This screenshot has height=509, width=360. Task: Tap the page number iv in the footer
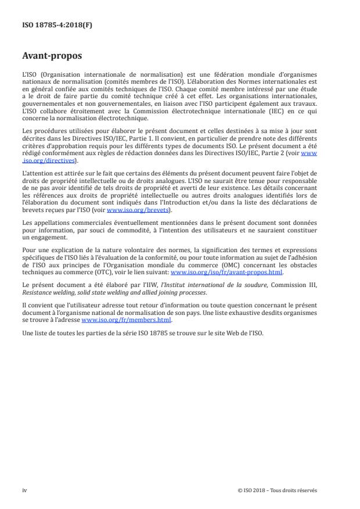point(24,490)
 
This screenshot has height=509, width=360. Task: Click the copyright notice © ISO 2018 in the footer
point(277,490)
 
